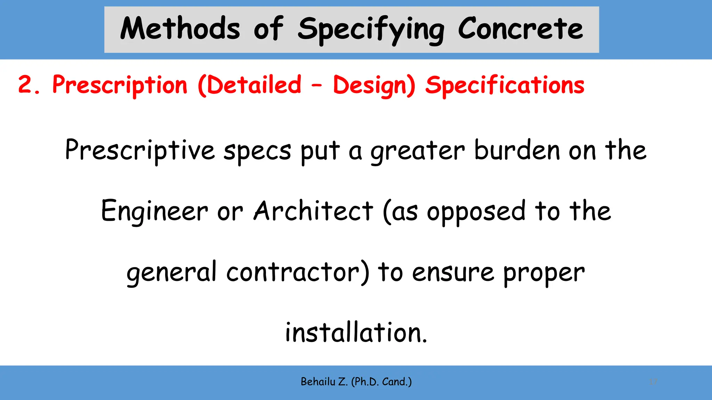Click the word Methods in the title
180,28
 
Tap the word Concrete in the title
520,28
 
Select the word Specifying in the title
371,30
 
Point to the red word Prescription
120,85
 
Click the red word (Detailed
249,85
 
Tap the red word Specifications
505,85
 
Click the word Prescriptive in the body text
140,150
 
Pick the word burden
517,150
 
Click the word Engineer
154,211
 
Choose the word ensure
453,272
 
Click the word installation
356,333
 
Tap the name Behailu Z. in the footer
324,382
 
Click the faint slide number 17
653,382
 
